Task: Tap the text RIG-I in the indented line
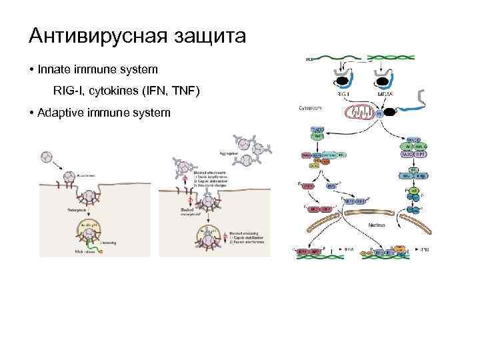click(68, 90)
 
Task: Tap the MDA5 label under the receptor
click(385, 96)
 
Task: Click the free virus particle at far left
click(47, 158)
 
